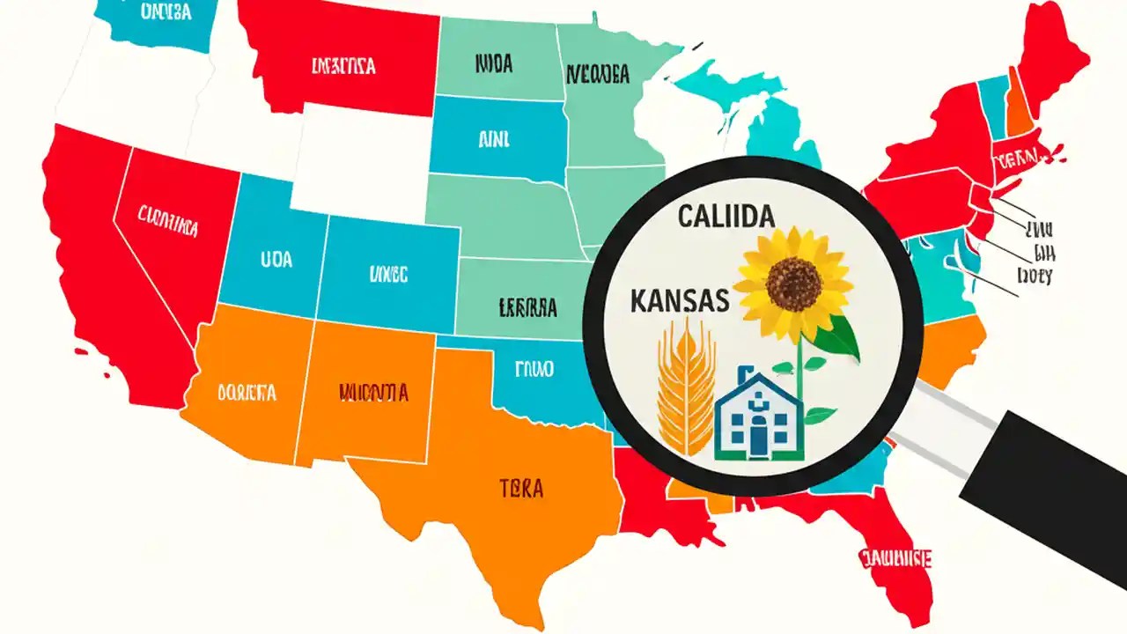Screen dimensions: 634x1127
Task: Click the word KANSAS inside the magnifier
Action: click(x=680, y=300)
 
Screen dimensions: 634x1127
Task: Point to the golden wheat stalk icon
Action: click(x=684, y=387)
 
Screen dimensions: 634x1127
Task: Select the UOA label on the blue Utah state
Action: click(x=276, y=260)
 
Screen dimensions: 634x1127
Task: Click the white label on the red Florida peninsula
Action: click(x=895, y=558)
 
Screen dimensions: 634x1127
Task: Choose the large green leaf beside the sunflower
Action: click(x=840, y=338)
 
